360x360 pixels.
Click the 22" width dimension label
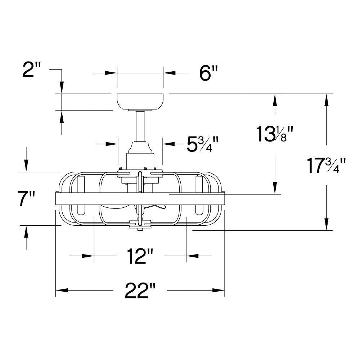pyautogui.click(x=140, y=290)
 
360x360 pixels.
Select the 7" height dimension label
pyautogui.click(x=26, y=199)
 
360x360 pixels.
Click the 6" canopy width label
pyautogui.click(x=208, y=73)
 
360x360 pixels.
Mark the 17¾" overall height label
pyautogui.click(x=326, y=165)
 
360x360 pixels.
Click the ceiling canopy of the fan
pyautogui.click(x=140, y=102)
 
